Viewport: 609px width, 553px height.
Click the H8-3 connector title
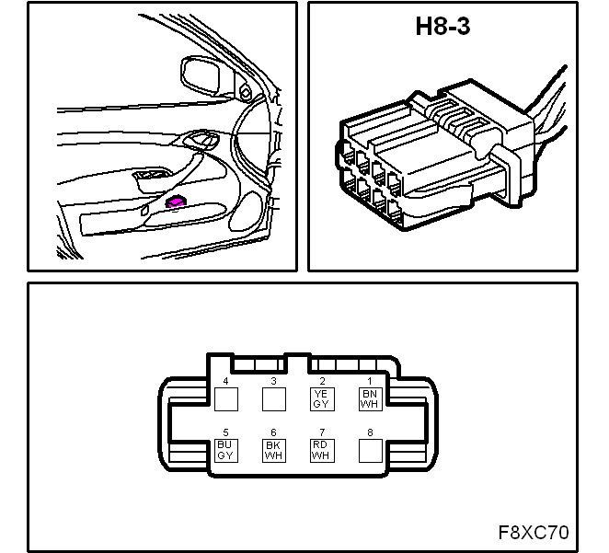pos(442,27)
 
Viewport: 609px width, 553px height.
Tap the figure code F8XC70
pos(534,533)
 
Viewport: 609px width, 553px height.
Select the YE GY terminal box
pos(322,399)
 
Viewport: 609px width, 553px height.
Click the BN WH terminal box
pos(370,399)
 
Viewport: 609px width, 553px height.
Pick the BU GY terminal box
pos(226,451)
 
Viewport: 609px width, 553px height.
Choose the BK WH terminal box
pos(274,451)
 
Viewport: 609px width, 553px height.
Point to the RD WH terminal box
pos(322,451)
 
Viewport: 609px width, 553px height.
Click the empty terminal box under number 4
pos(226,399)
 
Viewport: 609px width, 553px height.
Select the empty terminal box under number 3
pos(274,399)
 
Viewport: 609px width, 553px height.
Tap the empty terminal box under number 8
pos(370,451)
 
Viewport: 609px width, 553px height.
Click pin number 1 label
pos(370,381)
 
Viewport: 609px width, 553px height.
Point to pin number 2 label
pos(322,381)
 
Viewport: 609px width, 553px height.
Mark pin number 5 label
pos(225,432)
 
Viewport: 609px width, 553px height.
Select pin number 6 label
pos(273,432)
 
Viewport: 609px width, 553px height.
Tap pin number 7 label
pos(322,432)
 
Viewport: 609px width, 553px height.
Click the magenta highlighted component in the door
pos(175,202)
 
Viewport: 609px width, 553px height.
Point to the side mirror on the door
pos(201,75)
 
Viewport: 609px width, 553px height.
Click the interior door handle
pos(201,140)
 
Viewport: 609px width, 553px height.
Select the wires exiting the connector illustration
pos(547,112)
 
